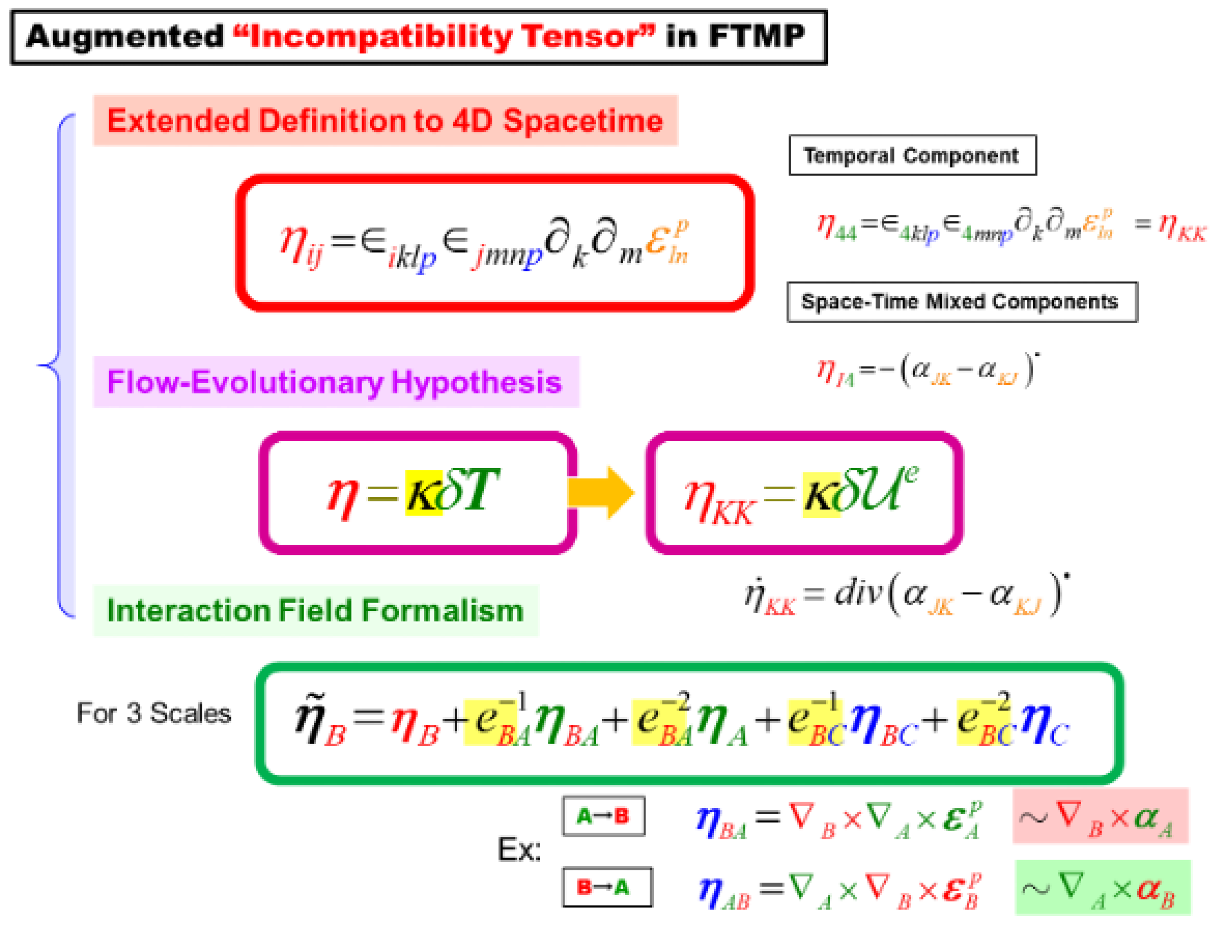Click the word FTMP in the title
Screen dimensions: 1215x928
tap(756, 37)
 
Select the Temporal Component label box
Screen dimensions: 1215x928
tap(912, 155)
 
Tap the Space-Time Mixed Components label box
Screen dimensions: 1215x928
tap(961, 302)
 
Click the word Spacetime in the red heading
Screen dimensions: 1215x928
tap(582, 121)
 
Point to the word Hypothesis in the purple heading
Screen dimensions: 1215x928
tap(476, 382)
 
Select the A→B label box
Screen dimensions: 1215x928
tap(603, 815)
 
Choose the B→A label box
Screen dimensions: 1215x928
tap(607, 887)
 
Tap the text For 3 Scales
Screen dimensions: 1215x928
tap(154, 713)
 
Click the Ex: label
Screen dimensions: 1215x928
tap(519, 849)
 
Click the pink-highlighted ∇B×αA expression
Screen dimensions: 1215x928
tap(1099, 816)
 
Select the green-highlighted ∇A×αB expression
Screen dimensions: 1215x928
tap(1102, 887)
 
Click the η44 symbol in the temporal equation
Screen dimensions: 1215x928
tap(836, 227)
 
